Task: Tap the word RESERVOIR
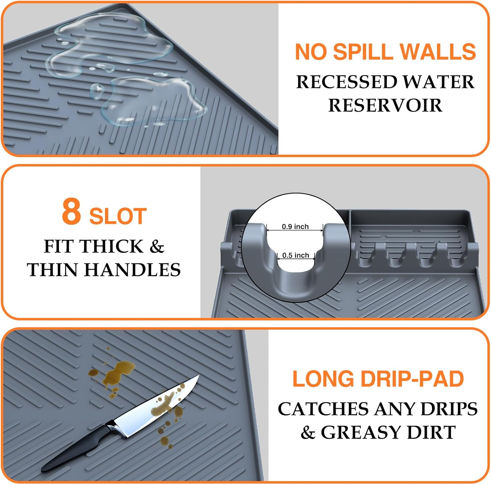click(x=385, y=105)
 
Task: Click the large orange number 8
click(x=71, y=212)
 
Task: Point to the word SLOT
click(x=118, y=216)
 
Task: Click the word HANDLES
click(x=133, y=270)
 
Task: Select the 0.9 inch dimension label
click(x=295, y=226)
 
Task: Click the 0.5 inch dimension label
click(x=296, y=255)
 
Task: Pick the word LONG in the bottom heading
click(x=323, y=379)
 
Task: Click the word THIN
click(x=53, y=270)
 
